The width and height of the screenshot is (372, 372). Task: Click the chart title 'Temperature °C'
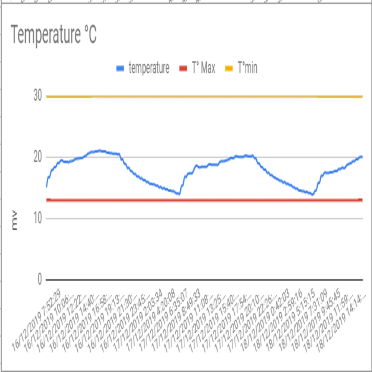54,35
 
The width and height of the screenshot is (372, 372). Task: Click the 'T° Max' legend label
203,68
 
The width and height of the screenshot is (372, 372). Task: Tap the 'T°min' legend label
247,68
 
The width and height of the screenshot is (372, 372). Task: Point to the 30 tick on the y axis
37,96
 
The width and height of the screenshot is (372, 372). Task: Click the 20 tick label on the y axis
37,157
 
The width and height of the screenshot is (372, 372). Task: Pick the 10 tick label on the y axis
37,218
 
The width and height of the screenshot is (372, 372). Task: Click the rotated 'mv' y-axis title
15,225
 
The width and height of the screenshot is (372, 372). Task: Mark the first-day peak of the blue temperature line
99,151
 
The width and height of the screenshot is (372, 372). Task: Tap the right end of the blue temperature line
362,157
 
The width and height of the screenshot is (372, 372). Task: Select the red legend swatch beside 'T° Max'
183,68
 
